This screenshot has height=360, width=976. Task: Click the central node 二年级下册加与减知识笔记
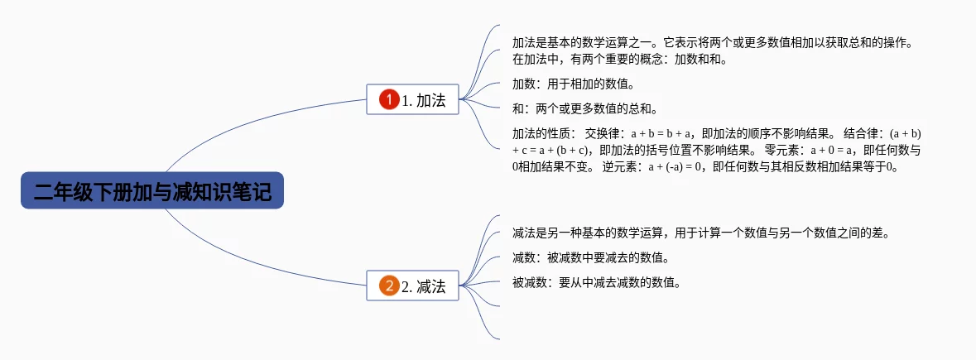152,191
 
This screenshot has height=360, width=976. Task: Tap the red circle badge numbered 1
389,100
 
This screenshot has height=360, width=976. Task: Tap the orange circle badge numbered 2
389,286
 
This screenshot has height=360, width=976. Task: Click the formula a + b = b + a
661,133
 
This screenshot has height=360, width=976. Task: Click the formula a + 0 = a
831,150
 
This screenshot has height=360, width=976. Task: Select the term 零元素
781,150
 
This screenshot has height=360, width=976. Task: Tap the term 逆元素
620,166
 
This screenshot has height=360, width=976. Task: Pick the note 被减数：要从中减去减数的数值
596,282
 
